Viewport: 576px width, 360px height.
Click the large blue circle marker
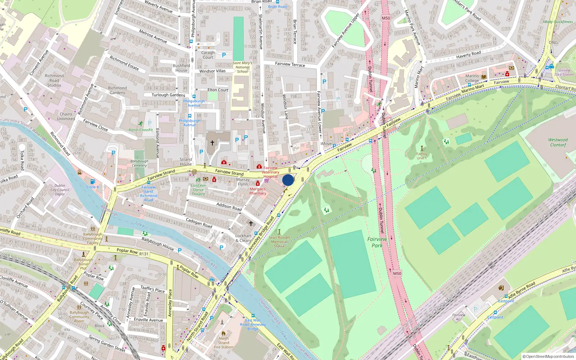pyautogui.click(x=288, y=180)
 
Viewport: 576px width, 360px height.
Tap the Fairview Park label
pyautogui.click(x=377, y=242)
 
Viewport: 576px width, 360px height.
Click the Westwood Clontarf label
pyautogui.click(x=558, y=142)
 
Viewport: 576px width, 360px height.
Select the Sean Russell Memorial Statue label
pyautogui.click(x=279, y=242)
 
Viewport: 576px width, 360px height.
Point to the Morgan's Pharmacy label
pyautogui.click(x=258, y=191)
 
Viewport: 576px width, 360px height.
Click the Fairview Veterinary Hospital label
pyautogui.click(x=271, y=172)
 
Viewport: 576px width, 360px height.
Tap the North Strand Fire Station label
pyautogui.click(x=224, y=343)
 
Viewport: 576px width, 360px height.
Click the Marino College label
pyautogui.click(x=472, y=78)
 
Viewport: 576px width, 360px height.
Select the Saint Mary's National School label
pyautogui.click(x=242, y=67)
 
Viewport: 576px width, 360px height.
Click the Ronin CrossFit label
pyautogui.click(x=141, y=130)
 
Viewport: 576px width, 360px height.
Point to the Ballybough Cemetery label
pyautogui.click(x=139, y=163)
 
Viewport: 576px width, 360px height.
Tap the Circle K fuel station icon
pyautogui.click(x=93, y=182)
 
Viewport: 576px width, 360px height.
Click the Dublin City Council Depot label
pyautogui.click(x=60, y=190)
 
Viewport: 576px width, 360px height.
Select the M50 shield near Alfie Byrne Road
pyautogui.click(x=397, y=273)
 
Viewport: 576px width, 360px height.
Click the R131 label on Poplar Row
pyautogui.click(x=144, y=254)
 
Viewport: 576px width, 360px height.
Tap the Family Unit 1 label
pyautogui.click(x=422, y=156)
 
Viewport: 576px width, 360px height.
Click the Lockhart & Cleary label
pyautogui.click(x=243, y=238)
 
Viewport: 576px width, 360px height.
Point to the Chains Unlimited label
pyautogui.click(x=66, y=116)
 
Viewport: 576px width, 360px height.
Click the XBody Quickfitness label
pyautogui.click(x=558, y=22)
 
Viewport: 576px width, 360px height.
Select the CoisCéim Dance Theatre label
pyautogui.click(x=198, y=190)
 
